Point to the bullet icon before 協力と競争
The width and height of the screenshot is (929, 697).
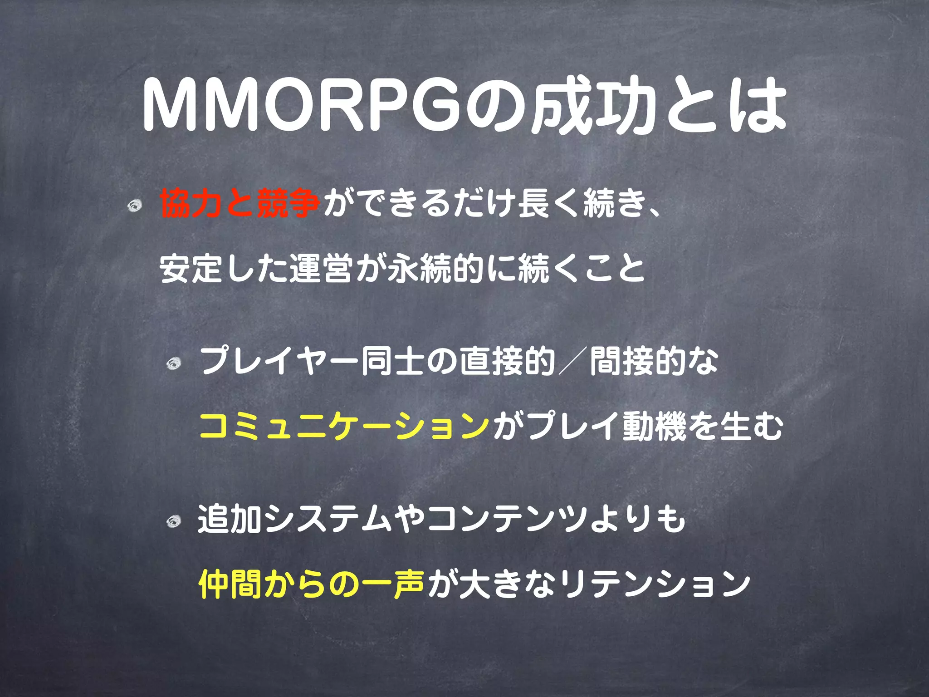click(x=135, y=206)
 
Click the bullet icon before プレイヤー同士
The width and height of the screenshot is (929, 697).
click(x=173, y=363)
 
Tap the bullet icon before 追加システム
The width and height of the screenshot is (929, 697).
click(x=173, y=522)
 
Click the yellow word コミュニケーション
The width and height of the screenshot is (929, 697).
click(x=345, y=427)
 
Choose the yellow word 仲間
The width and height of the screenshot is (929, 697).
click(x=230, y=584)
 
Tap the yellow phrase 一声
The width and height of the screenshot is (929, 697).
click(x=393, y=584)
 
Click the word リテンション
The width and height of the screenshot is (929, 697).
click(x=653, y=584)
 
